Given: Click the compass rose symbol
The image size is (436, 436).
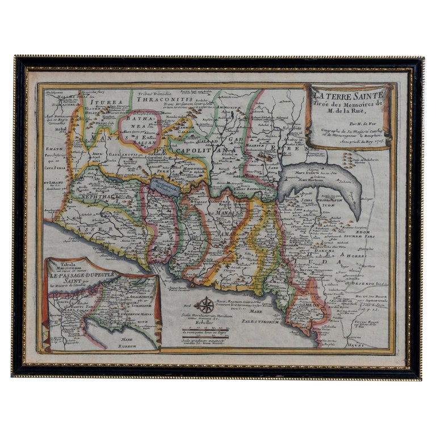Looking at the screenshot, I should (x=204, y=305).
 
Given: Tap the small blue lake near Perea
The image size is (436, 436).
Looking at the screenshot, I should (x=166, y=186).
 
